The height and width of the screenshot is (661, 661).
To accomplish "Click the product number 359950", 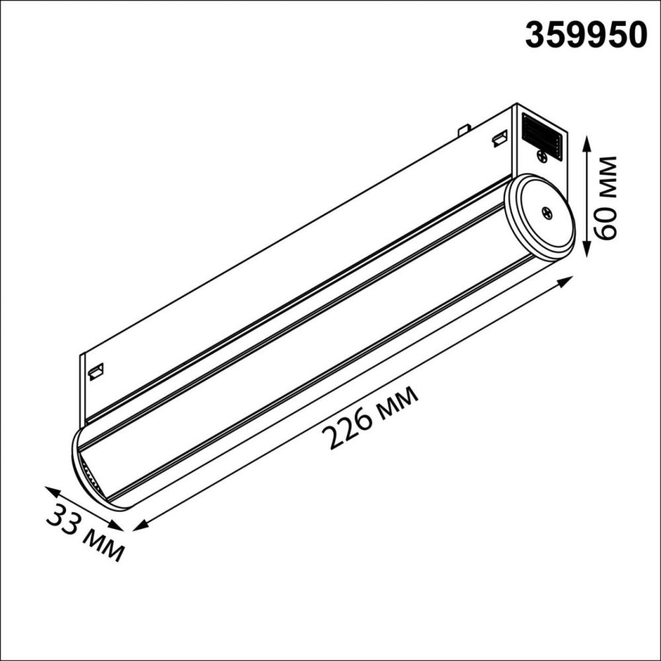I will coord(585,34).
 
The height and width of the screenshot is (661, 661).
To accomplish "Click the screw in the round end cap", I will coord(547,212).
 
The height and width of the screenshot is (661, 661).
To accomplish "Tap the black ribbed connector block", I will coord(541,136).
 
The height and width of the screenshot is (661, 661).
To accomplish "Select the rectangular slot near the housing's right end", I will coord(499,139).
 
